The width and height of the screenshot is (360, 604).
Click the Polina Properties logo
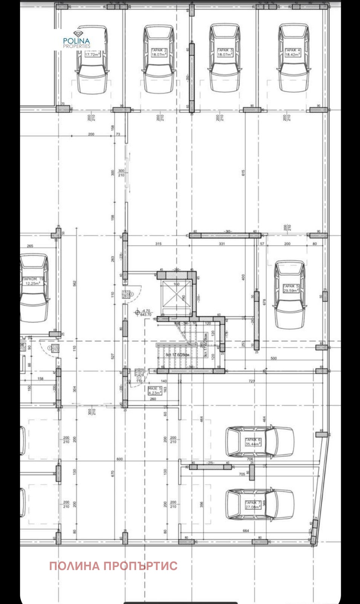77,40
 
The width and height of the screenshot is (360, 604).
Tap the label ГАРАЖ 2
159,50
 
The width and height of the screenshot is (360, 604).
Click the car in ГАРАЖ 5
290,294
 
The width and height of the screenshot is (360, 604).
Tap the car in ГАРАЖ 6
259,441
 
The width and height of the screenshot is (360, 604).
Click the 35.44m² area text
253,444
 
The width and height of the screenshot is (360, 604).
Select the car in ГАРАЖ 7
259,504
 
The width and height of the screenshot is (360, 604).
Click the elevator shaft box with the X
176,295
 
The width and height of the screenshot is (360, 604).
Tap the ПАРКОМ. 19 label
33,279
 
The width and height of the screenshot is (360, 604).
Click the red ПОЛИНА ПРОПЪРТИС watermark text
113,566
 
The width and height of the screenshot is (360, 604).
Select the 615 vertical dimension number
244,172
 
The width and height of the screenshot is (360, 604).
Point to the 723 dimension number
252,381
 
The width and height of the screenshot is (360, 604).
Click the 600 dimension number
119,459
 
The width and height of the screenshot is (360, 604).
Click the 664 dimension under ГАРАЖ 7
246,531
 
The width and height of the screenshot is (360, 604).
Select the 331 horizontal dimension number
222,244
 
